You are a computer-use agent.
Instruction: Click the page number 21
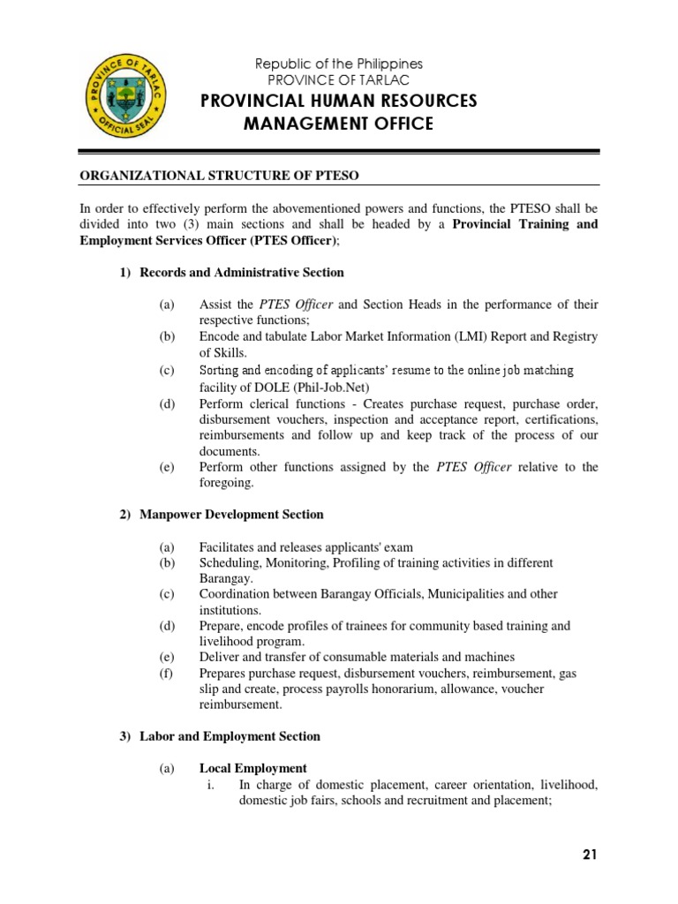(x=591, y=854)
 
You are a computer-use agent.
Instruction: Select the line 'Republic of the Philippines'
(x=339, y=64)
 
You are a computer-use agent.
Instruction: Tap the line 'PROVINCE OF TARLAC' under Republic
(x=339, y=80)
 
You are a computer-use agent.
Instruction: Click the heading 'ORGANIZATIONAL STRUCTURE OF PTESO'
(x=220, y=176)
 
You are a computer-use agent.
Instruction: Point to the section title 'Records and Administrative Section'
(x=242, y=272)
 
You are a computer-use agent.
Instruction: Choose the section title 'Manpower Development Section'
(x=231, y=514)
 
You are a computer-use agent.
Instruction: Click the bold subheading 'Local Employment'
(x=252, y=769)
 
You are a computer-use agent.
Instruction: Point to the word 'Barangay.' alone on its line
(x=226, y=578)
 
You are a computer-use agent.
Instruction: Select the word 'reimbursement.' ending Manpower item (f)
(x=240, y=705)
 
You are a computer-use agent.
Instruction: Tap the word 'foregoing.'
(x=226, y=483)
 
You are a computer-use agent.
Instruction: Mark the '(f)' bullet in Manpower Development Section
(x=167, y=674)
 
